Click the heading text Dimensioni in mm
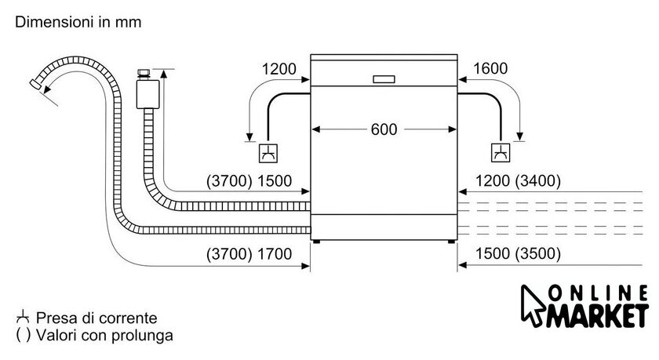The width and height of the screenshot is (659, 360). [78, 23]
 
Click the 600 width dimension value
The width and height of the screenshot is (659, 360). [384, 129]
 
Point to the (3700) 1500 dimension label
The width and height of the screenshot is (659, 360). [249, 181]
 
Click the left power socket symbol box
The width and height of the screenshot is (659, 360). [268, 152]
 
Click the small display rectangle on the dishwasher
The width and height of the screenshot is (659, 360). [384, 78]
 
